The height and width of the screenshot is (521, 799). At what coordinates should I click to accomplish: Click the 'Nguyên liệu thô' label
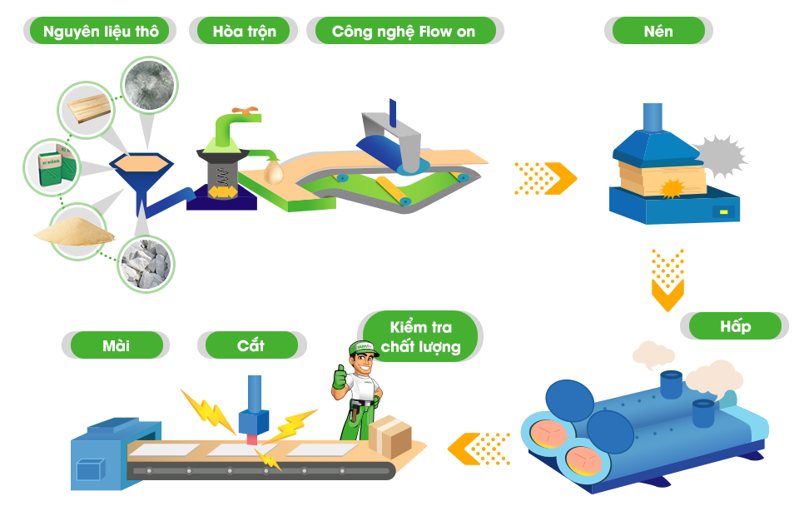[100, 31]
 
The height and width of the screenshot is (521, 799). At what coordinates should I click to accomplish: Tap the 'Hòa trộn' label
[244, 31]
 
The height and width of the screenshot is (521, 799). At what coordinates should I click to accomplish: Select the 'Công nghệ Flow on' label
[404, 31]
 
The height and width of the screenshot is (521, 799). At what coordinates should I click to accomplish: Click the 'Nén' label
[658, 31]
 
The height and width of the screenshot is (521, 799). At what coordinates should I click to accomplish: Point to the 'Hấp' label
[735, 325]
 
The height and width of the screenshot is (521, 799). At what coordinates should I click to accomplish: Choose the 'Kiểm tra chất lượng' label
[420, 337]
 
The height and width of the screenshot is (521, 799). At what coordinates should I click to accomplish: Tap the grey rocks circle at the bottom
[146, 264]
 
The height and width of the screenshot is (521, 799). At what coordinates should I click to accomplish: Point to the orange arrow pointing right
[546, 177]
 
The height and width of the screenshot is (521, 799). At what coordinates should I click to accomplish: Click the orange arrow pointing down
[667, 280]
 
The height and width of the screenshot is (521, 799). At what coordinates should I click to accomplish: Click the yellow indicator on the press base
[724, 212]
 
